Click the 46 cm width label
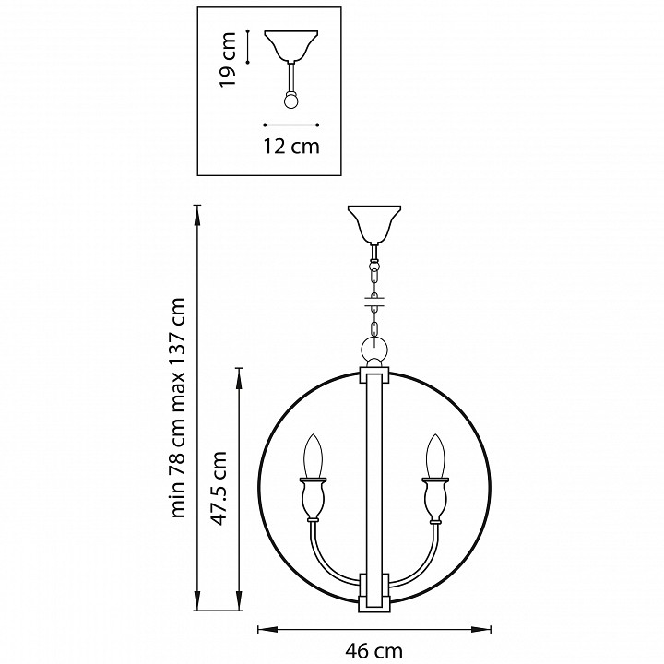[374, 651]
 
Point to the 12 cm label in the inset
[291, 146]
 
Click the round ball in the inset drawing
[291, 100]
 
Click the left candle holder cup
[314, 504]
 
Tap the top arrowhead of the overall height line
[198, 210]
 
